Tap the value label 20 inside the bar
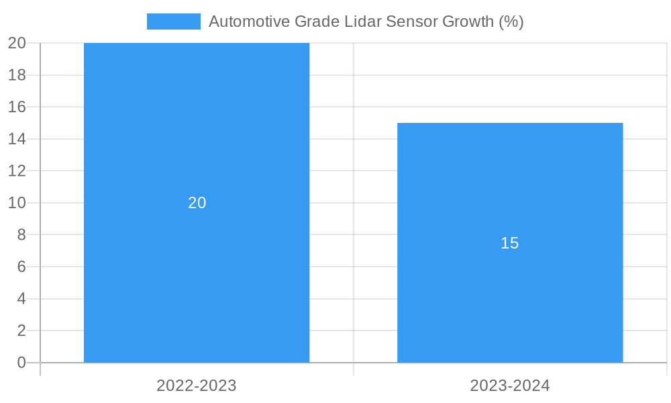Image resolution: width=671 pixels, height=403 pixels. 197,203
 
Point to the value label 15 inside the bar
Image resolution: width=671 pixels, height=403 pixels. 510,243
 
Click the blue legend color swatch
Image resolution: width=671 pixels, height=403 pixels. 173,21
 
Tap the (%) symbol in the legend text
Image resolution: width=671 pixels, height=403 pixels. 511,21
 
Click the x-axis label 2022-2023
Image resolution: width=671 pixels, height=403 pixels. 197,386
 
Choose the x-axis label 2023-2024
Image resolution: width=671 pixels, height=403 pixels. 510,386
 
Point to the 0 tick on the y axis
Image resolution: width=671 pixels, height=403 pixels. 21,363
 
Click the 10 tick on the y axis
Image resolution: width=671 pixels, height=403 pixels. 17,203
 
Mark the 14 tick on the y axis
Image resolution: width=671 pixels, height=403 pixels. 17,139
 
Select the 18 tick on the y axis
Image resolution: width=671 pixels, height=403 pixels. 17,75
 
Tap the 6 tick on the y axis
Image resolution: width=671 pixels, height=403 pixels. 21,267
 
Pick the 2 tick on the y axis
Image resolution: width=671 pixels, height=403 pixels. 21,330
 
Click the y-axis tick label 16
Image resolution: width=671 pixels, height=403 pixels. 17,107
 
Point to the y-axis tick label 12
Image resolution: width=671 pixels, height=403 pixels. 17,171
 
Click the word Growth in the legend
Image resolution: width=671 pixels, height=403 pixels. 468,21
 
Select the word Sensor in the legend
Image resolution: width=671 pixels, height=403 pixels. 412,21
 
